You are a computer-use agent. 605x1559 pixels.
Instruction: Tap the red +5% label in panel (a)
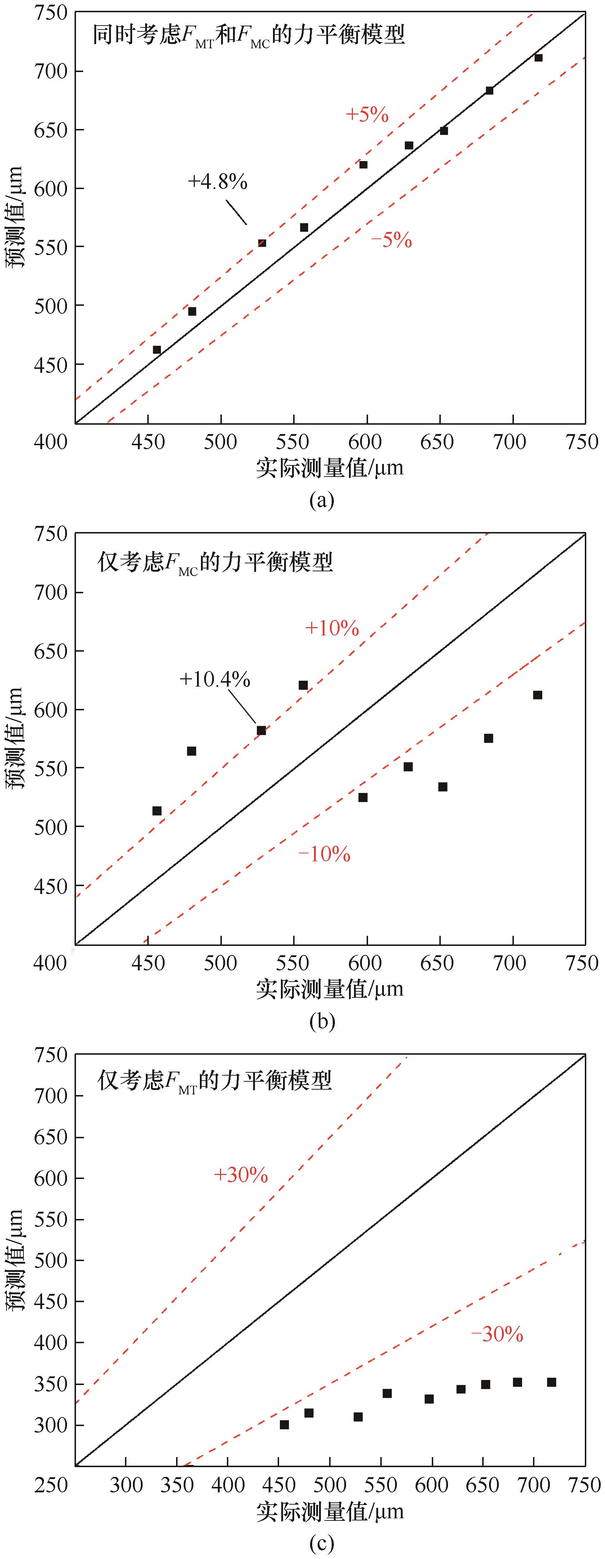[x=367, y=115]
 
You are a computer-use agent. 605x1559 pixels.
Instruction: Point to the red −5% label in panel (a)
[x=391, y=240]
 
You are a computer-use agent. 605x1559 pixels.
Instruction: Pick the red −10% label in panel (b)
[x=324, y=854]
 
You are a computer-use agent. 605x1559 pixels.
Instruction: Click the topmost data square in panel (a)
[x=538, y=58]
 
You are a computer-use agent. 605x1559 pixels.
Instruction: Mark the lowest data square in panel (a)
[x=157, y=350]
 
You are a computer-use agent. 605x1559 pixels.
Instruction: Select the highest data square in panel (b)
[x=303, y=685]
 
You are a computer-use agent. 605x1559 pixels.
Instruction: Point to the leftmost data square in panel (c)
[x=284, y=1425]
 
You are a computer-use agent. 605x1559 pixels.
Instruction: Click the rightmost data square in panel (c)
[x=551, y=1382]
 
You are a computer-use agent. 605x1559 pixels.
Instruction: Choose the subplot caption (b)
[x=321, y=1022]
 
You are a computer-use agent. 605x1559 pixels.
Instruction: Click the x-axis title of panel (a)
[x=330, y=467]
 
